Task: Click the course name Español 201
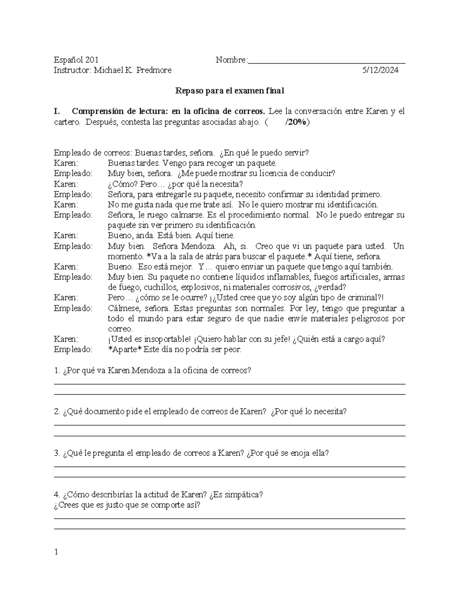tap(76, 60)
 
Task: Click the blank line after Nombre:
tap(327, 61)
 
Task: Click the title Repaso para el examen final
tap(229, 91)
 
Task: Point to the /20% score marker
tap(297, 122)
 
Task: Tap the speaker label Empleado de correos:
tap(93, 153)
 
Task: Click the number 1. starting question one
tap(57, 370)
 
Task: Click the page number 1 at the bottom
tap(56, 552)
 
